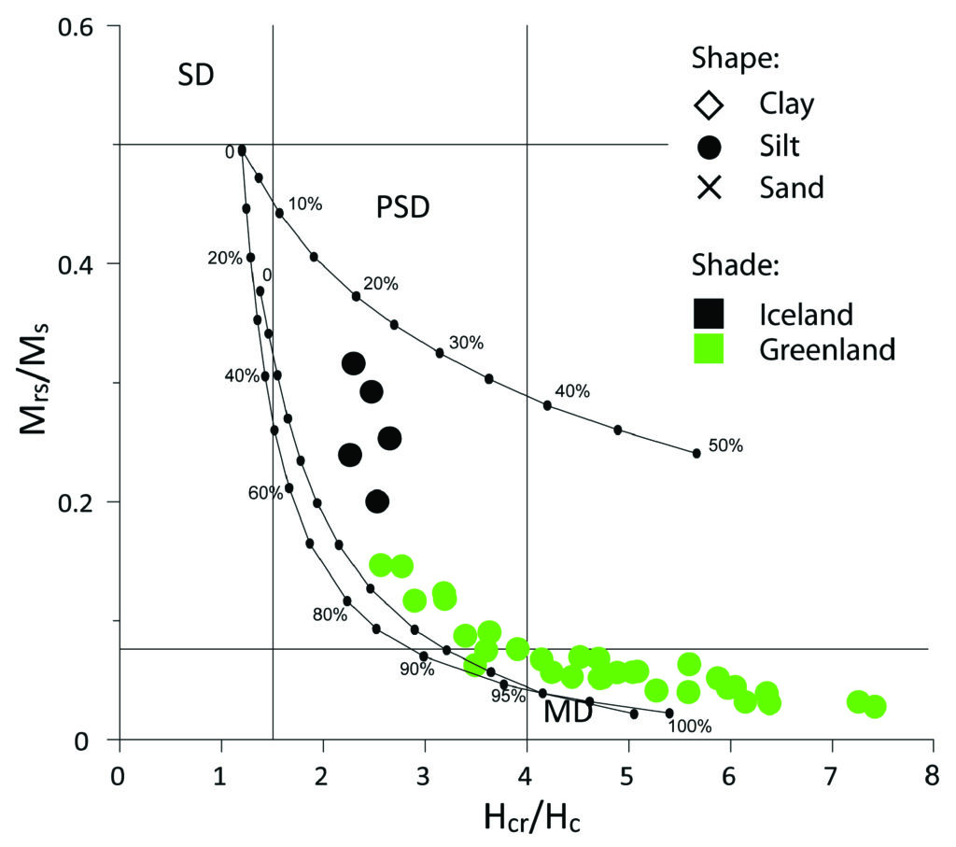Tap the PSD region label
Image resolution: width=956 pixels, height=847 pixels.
coord(402,206)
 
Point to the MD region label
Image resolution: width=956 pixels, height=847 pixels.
coord(569,712)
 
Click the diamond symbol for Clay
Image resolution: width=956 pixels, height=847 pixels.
coord(710,103)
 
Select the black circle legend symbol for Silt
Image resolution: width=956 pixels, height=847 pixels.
coord(710,147)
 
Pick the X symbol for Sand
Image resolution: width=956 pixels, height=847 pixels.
coord(710,189)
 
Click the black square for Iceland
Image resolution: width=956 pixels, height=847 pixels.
coord(709,312)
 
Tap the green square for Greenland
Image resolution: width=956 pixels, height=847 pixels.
coord(709,349)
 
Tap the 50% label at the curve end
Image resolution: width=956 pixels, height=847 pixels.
coord(724,446)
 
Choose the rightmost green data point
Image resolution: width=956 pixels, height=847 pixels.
coord(875,707)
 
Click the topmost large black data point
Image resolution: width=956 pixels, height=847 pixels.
coord(353,363)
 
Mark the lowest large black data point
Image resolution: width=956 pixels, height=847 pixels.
coord(377,501)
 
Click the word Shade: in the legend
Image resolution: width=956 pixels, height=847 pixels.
coord(735,266)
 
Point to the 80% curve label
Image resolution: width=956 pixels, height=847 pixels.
coord(330,614)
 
